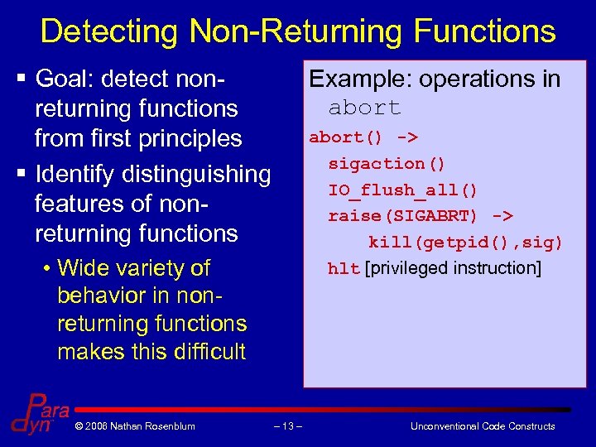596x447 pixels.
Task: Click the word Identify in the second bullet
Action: [74, 174]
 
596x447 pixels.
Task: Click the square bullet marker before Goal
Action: [20, 79]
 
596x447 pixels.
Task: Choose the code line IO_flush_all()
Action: [403, 190]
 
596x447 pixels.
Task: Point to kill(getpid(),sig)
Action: [465, 242]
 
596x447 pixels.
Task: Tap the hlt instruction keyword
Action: [344, 268]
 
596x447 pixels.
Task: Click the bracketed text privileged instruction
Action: [453, 268]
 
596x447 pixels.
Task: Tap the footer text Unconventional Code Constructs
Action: [483, 426]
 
